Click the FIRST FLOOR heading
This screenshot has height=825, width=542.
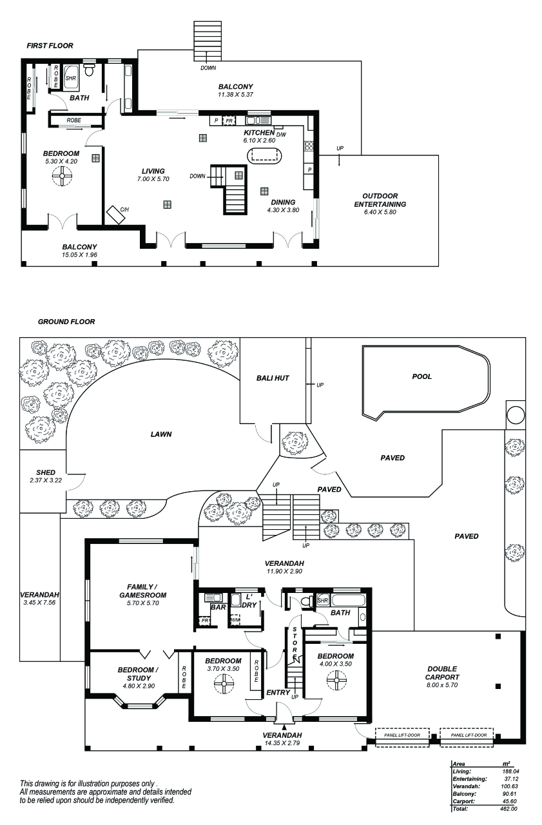coord(50,46)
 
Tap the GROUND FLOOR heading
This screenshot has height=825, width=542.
coord(66,322)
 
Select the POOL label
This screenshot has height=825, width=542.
coord(422,376)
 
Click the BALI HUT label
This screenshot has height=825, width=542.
coord(272,378)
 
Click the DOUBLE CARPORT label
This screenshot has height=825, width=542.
coord(442,673)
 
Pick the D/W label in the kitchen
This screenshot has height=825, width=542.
coord(281,134)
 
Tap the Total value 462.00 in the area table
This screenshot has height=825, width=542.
coord(509,809)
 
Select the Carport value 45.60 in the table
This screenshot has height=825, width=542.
coord(509,801)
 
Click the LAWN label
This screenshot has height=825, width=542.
coord(161,434)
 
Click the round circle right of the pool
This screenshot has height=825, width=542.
coord(516,415)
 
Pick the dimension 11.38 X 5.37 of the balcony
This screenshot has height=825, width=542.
coord(235,95)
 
